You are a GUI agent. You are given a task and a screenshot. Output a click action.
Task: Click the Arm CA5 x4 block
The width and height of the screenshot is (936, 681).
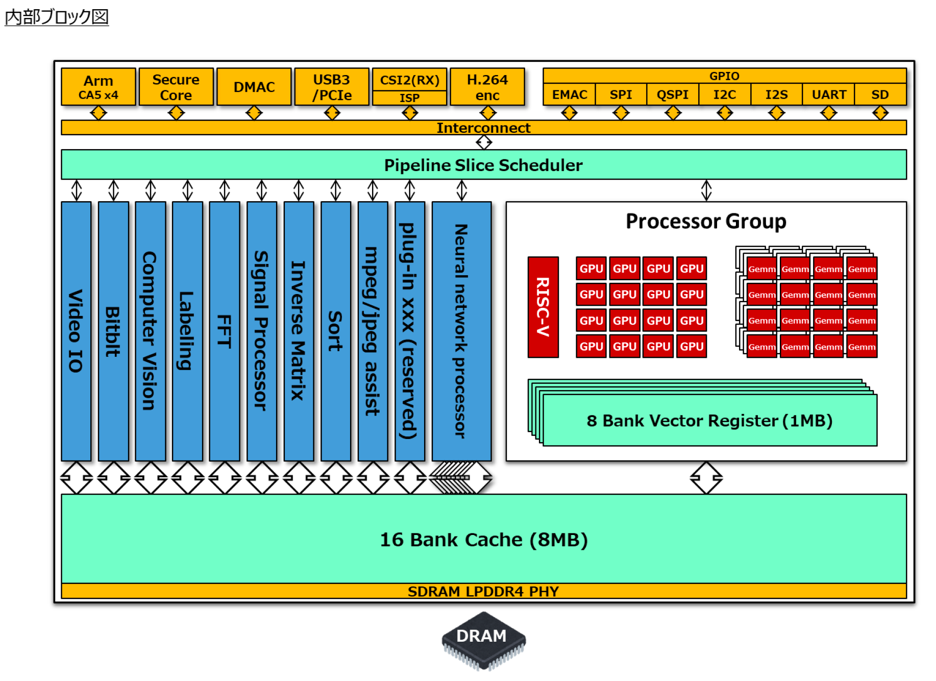[x=98, y=87]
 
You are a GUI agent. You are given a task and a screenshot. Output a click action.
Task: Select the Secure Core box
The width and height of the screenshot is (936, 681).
[x=176, y=87]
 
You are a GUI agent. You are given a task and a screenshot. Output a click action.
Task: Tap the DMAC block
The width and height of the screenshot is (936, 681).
[x=254, y=87]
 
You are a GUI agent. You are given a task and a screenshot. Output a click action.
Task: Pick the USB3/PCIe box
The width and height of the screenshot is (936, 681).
[x=332, y=87]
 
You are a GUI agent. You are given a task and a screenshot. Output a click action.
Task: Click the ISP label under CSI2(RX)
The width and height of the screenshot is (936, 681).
[x=410, y=98]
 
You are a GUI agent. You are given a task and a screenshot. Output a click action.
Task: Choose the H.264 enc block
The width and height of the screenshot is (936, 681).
[x=487, y=87]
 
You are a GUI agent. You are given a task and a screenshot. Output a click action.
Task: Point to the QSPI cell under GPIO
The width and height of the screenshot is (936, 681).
[x=673, y=95]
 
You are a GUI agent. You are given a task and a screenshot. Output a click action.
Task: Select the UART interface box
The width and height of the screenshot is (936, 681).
[x=829, y=95]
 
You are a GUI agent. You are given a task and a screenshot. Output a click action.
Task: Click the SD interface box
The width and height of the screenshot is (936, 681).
[x=880, y=95]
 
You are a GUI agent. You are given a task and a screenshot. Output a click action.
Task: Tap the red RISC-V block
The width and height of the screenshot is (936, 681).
[x=543, y=307]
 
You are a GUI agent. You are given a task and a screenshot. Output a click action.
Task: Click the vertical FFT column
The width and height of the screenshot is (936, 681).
[x=225, y=331]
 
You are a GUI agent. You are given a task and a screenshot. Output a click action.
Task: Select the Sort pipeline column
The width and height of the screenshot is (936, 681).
[x=336, y=331]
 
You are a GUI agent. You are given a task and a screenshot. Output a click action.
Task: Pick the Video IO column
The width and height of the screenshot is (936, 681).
[x=76, y=331]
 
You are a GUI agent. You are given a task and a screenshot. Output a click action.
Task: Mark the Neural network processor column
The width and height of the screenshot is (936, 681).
[x=461, y=331]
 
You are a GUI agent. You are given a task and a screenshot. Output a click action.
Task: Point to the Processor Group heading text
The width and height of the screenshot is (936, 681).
[x=706, y=222]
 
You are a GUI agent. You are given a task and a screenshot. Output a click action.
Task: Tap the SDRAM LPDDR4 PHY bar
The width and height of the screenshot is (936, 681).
[x=483, y=591]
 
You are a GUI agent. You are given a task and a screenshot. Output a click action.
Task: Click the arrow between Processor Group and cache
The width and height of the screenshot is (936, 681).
[x=706, y=478]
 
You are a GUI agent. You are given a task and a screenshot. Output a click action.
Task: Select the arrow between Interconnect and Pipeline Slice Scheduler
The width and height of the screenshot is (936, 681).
[x=483, y=142]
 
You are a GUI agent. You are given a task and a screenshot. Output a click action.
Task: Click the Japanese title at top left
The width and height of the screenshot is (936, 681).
[x=57, y=17]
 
